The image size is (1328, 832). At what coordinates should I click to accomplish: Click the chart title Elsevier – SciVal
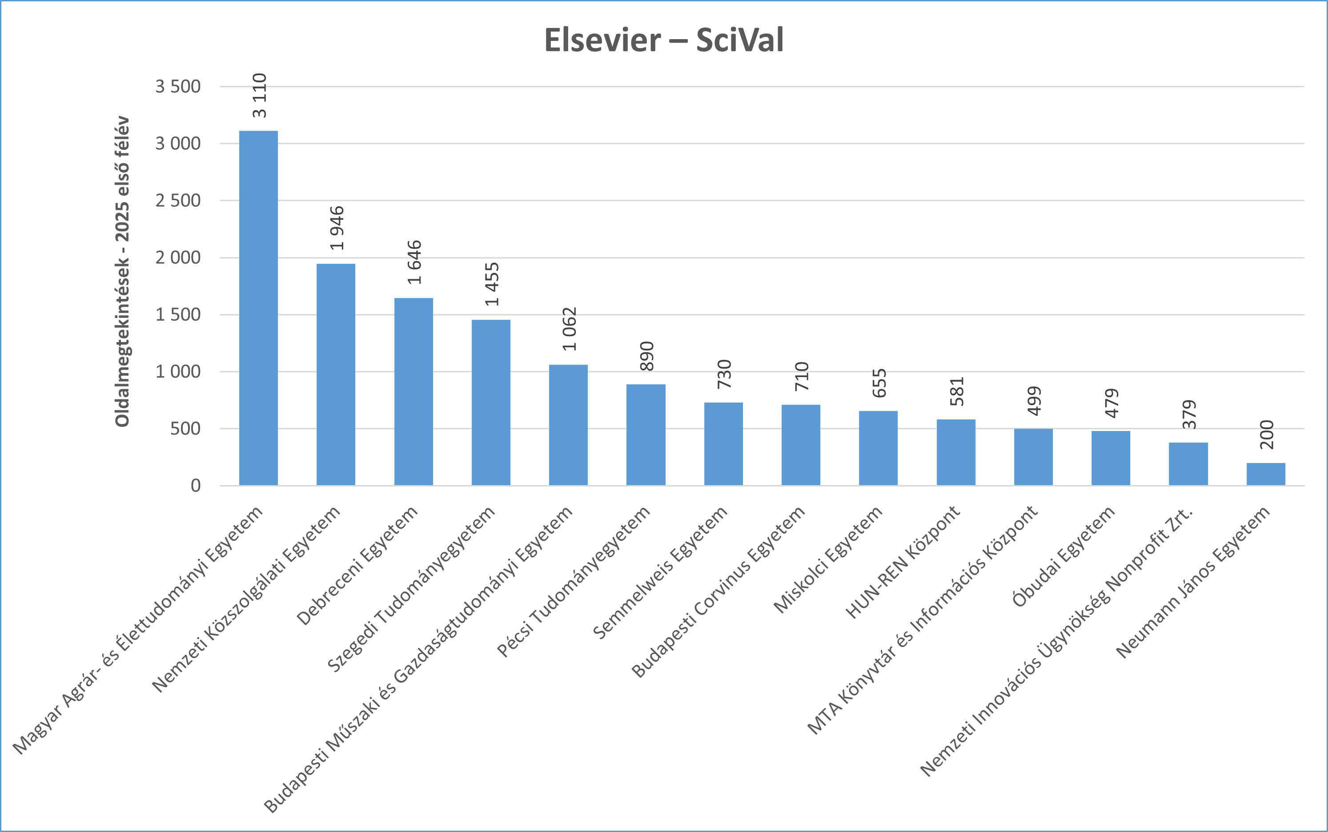663,40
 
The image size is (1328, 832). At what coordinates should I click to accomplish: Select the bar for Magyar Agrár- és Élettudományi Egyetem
259,308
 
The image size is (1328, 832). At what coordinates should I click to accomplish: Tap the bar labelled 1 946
336,374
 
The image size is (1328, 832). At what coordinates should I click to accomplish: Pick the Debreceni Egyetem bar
413,392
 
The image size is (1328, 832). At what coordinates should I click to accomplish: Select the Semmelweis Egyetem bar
723,444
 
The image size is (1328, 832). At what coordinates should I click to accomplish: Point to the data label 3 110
260,95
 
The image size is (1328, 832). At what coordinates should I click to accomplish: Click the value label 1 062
570,329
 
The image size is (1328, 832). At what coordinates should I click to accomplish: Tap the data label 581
957,391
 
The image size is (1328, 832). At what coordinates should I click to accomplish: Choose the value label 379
1189,414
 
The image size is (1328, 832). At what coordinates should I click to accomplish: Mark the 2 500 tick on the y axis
178,200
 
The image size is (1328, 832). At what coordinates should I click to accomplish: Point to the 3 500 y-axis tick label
178,86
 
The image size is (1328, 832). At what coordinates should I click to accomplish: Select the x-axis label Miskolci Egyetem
828,559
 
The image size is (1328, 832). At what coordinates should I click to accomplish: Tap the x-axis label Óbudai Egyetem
1063,556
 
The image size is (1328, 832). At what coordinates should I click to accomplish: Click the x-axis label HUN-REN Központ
902,563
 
